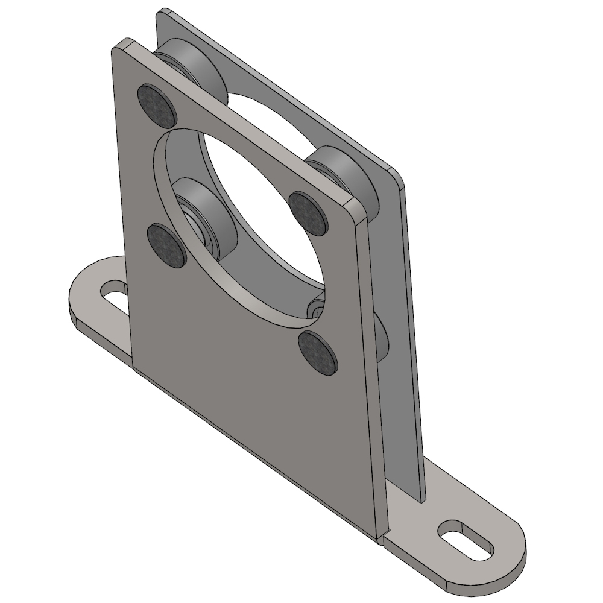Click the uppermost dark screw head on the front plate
(x=157, y=105)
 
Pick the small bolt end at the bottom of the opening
(x=314, y=311)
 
